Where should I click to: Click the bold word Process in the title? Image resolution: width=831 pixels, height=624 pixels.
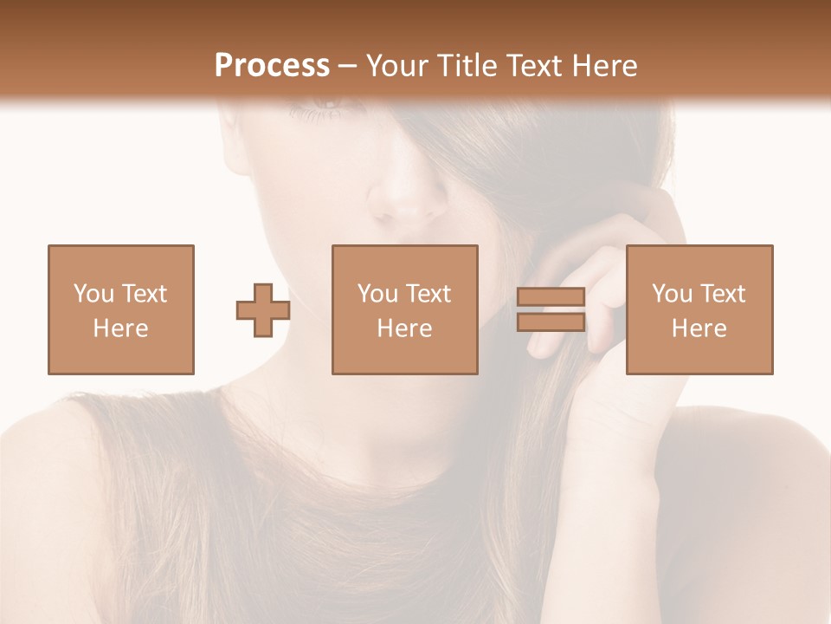pyautogui.click(x=272, y=66)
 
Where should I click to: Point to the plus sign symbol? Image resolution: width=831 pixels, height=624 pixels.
pyautogui.click(x=263, y=310)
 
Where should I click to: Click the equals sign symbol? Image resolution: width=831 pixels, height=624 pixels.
pyautogui.click(x=551, y=309)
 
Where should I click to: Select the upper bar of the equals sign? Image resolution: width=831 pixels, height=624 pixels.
pyautogui.click(x=551, y=296)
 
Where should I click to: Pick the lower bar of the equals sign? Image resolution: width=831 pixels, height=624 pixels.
pyautogui.click(x=551, y=322)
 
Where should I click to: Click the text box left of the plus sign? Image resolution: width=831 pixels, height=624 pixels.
pyautogui.click(x=120, y=309)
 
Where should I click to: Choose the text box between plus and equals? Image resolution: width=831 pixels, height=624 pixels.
pyautogui.click(x=404, y=309)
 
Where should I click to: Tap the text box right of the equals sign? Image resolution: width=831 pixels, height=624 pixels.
pyautogui.click(x=699, y=309)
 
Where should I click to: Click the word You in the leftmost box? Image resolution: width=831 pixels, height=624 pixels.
pyautogui.click(x=93, y=294)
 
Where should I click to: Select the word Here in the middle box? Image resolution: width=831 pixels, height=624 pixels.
pyautogui.click(x=404, y=328)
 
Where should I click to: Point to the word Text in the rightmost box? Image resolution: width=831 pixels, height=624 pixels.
pyautogui.click(x=722, y=294)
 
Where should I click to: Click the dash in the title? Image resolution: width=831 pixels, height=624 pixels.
pyautogui.click(x=348, y=66)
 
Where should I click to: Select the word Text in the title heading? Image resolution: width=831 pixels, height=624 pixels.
pyautogui.click(x=530, y=66)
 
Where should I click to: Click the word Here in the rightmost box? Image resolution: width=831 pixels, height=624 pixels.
pyautogui.click(x=699, y=328)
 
